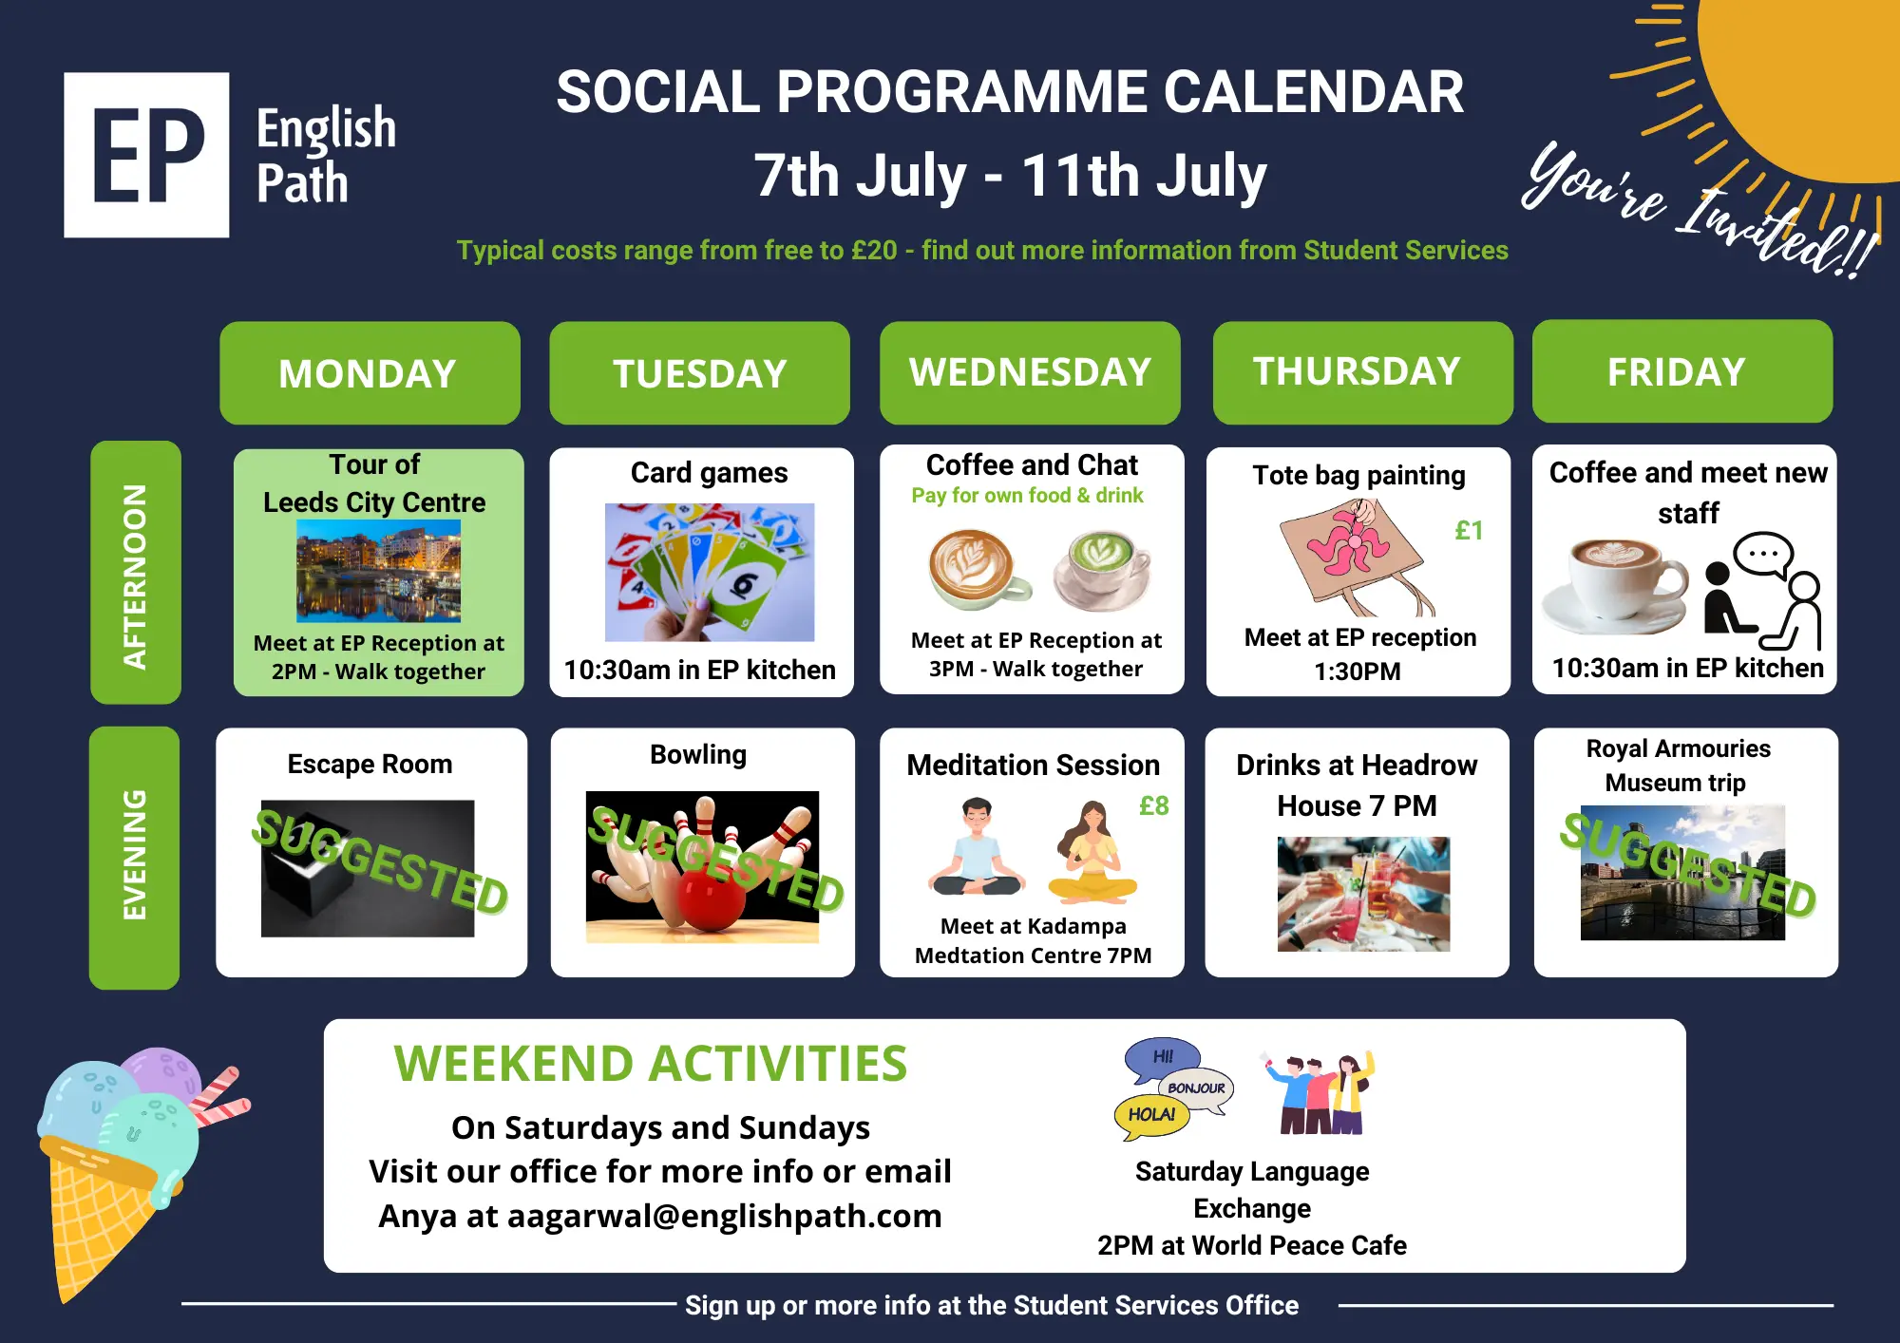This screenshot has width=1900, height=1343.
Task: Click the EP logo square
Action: (x=146, y=155)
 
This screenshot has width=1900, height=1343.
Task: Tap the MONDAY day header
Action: (x=370, y=372)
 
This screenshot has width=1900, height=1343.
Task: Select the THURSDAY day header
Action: (x=1362, y=371)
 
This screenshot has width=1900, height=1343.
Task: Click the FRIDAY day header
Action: (x=1682, y=370)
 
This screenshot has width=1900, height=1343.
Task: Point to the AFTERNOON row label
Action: (x=136, y=572)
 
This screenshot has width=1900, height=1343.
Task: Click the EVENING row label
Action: (x=134, y=858)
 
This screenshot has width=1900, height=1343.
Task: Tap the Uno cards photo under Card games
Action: (x=710, y=572)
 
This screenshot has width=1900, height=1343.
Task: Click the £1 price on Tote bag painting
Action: (x=1469, y=530)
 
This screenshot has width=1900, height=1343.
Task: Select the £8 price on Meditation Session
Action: (x=1153, y=805)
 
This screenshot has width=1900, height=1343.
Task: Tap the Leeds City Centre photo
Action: (x=378, y=571)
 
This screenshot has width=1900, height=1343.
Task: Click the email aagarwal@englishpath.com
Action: (x=724, y=1216)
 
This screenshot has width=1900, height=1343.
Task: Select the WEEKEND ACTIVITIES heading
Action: (x=651, y=1063)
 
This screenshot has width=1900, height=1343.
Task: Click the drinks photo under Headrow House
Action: (x=1363, y=894)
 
